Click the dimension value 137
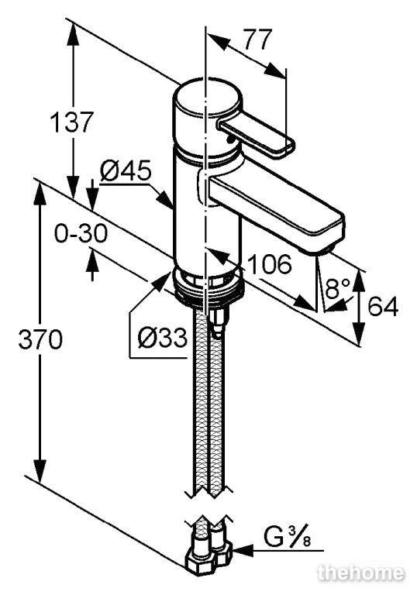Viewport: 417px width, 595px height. coord(71,122)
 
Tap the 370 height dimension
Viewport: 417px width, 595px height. coord(40,339)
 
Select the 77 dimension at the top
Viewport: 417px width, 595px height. coord(258,39)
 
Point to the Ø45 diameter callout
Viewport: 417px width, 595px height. coord(126,170)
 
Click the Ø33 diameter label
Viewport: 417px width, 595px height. coord(163,337)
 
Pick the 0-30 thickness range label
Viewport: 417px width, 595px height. coord(81,233)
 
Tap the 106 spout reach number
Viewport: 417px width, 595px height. coord(269,263)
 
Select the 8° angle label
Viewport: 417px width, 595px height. coord(337,288)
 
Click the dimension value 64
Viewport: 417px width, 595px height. coord(383,306)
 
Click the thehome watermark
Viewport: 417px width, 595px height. coord(360,573)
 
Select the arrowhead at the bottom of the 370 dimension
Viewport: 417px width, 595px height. coord(40,470)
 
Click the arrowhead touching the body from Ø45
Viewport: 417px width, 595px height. coord(166,199)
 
